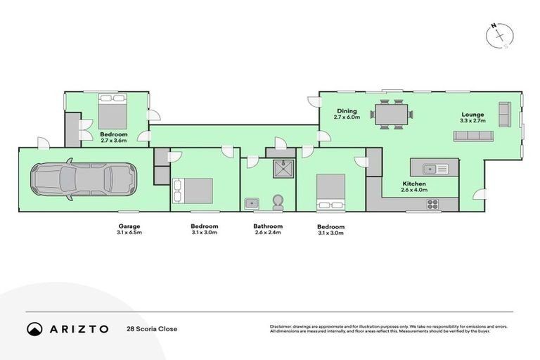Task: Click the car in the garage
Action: click(83, 179)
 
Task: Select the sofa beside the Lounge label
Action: click(504, 114)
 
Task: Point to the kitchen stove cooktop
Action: click(432, 205)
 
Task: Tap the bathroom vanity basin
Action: click(252, 203)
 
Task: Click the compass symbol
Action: click(500, 35)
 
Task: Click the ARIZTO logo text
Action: click(78, 328)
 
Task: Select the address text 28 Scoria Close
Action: click(152, 328)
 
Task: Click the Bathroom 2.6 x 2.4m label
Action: click(268, 229)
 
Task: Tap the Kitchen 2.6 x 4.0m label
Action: click(414, 186)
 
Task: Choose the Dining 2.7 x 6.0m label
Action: click(347, 114)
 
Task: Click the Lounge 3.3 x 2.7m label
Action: click(472, 117)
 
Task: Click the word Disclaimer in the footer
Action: click(283, 326)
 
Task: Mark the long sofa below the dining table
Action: click(472, 135)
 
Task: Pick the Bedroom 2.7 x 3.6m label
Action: click(113, 137)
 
